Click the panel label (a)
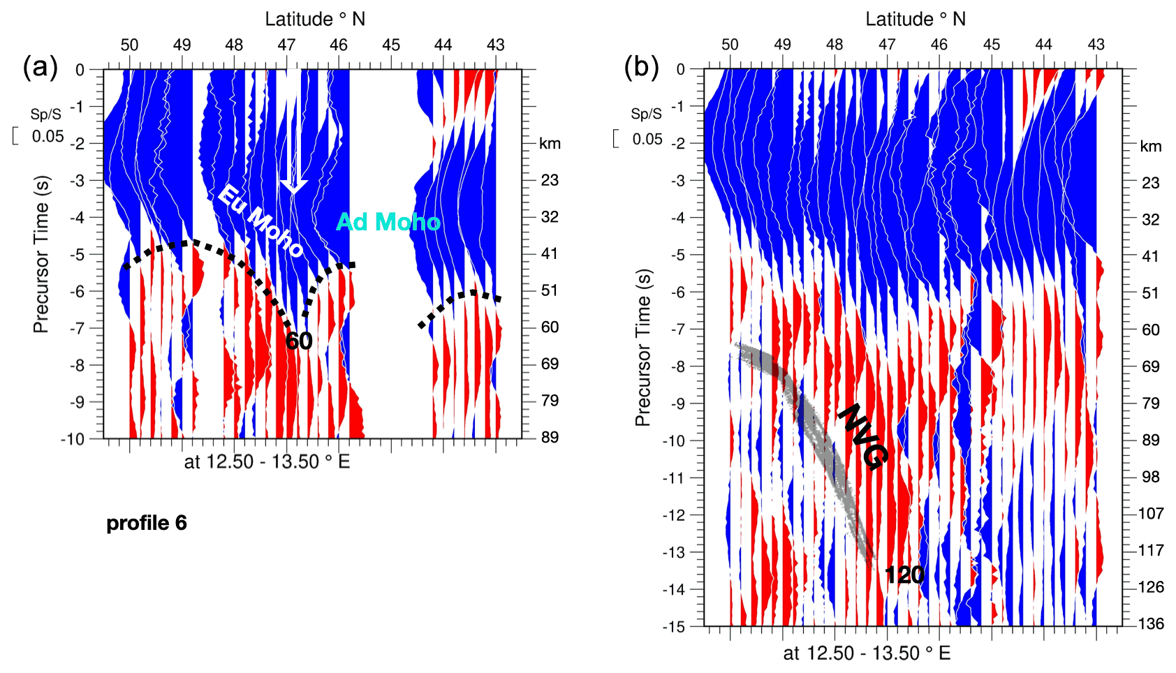coord(40,68)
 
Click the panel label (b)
coord(640,68)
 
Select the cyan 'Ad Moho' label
coord(388,222)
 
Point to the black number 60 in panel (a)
coord(299,341)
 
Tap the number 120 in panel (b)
coord(904,575)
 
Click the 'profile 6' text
coord(147,523)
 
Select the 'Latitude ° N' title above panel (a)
coord(315,19)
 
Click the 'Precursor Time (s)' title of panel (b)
coord(642,347)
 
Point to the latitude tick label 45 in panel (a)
coord(391,45)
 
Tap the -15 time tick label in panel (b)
coord(674,627)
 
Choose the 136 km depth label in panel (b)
coord(1151,623)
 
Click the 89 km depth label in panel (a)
coord(550,437)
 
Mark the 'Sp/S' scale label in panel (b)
coord(646,114)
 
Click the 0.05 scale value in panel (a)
coord(47,136)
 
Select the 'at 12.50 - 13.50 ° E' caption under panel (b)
coord(867,653)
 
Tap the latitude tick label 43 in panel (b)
coord(1096,45)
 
